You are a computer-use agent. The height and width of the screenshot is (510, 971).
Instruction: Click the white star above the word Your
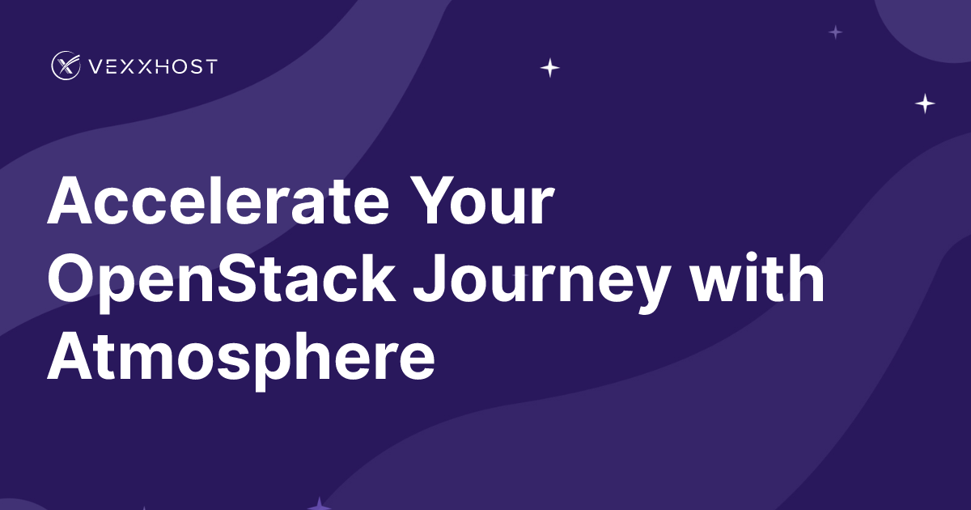(550, 68)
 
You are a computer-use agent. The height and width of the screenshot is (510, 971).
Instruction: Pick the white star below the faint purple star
(925, 104)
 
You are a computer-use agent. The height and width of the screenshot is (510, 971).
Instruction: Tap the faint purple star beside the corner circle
(835, 32)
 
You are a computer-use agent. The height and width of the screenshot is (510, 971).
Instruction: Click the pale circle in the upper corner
(931, 20)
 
